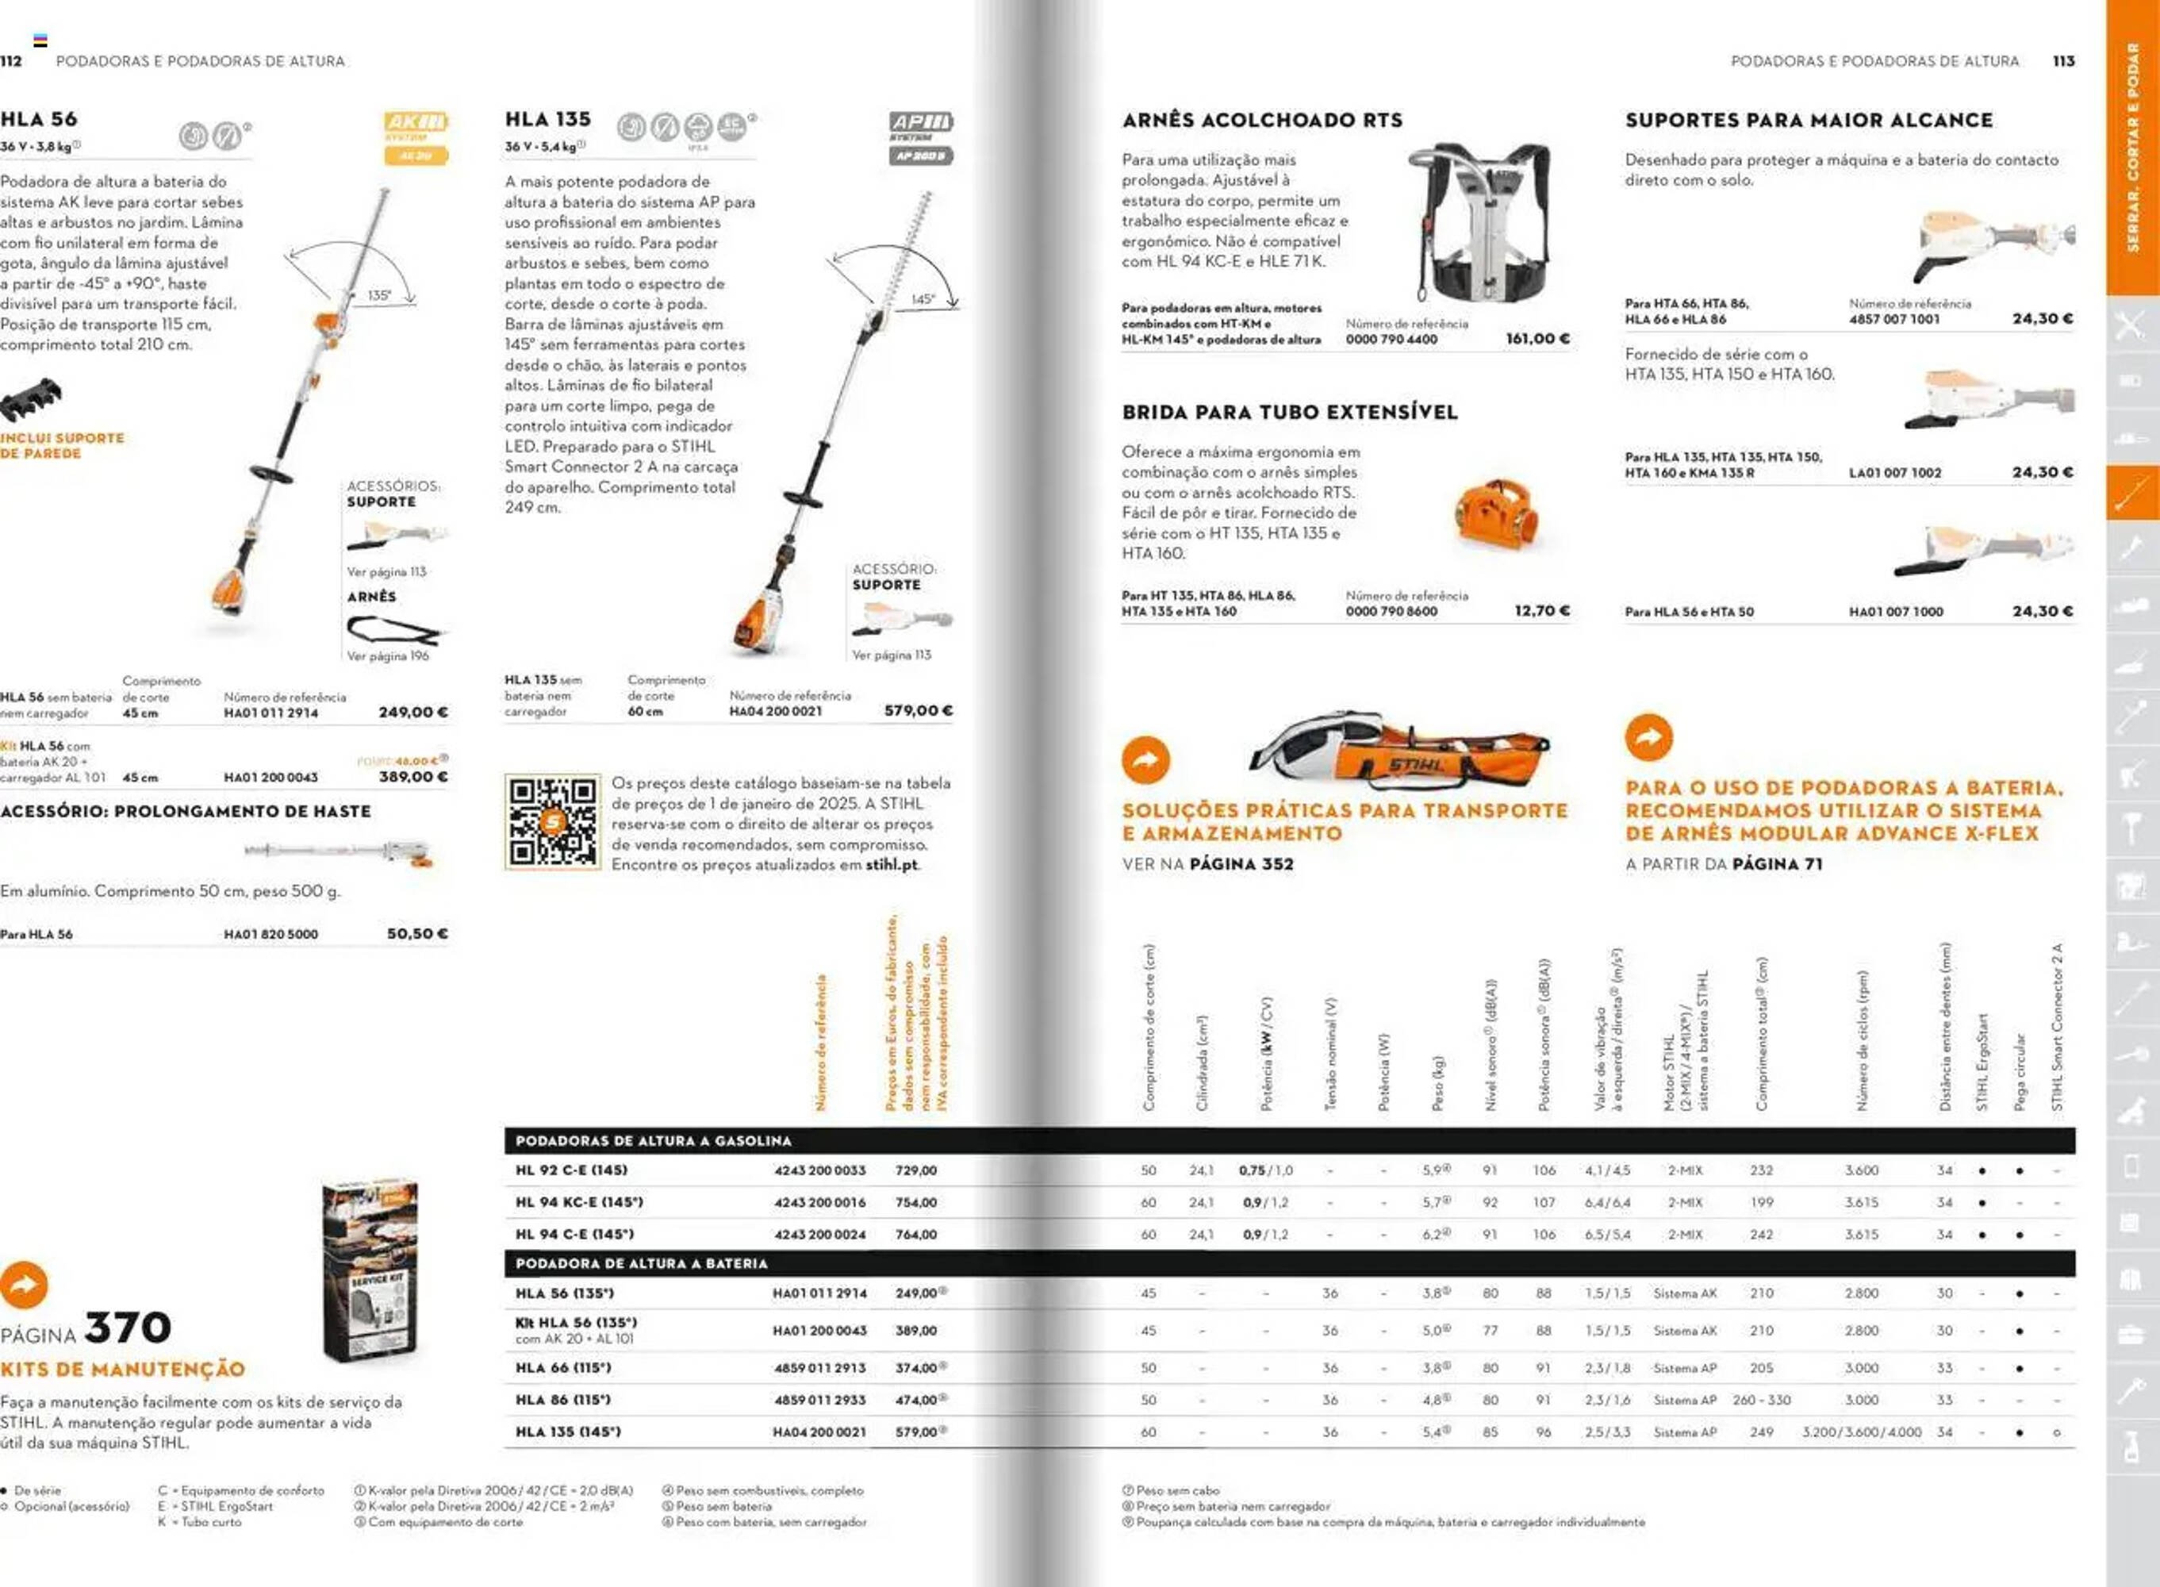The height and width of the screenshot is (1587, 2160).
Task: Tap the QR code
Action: tap(552, 821)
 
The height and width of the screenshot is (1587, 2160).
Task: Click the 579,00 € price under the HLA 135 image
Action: tap(918, 711)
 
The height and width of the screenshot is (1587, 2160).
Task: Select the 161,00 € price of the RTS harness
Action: tap(1537, 338)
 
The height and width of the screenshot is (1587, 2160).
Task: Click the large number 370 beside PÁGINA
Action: tap(128, 1328)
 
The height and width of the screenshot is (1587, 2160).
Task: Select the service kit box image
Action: tap(370, 1268)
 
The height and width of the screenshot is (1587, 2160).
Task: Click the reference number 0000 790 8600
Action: tap(1391, 611)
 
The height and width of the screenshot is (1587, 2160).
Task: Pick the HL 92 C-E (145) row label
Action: tap(571, 1170)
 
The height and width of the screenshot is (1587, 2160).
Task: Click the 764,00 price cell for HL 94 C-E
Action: tap(915, 1235)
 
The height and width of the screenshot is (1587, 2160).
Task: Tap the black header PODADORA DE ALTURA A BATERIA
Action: tap(642, 1263)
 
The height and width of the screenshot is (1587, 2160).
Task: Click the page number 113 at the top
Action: tap(2063, 60)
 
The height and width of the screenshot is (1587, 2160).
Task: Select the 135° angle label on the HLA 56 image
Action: tap(379, 295)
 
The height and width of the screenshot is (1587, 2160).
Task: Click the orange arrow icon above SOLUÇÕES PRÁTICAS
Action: tap(1145, 760)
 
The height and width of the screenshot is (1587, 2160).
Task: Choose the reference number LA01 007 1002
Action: tap(1894, 473)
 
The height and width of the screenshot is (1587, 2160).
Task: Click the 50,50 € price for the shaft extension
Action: tap(416, 933)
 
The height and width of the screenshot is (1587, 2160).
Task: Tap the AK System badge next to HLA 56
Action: tap(416, 137)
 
